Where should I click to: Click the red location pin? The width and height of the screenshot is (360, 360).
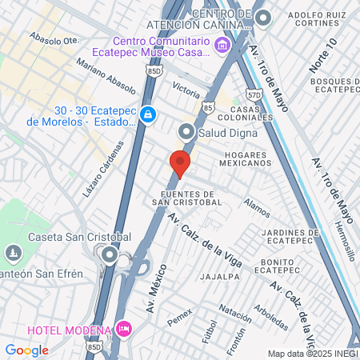(180, 163)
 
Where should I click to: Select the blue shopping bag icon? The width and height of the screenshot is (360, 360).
(147, 115)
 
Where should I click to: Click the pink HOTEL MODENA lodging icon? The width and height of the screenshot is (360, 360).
(124, 329)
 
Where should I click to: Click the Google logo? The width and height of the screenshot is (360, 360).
(26, 350)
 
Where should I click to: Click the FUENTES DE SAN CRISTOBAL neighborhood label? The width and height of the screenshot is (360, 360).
(186, 198)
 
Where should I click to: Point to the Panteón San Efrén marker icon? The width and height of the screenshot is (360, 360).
(13, 254)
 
